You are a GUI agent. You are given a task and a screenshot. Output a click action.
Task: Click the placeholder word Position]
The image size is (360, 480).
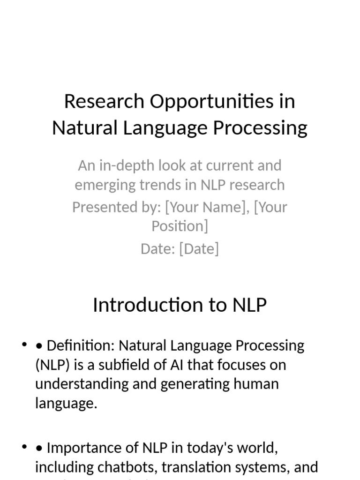[180, 226]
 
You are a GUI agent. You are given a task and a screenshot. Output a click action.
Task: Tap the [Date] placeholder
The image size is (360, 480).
[199, 248]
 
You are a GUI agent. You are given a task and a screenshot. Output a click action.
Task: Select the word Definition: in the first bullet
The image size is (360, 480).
[81, 346]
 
